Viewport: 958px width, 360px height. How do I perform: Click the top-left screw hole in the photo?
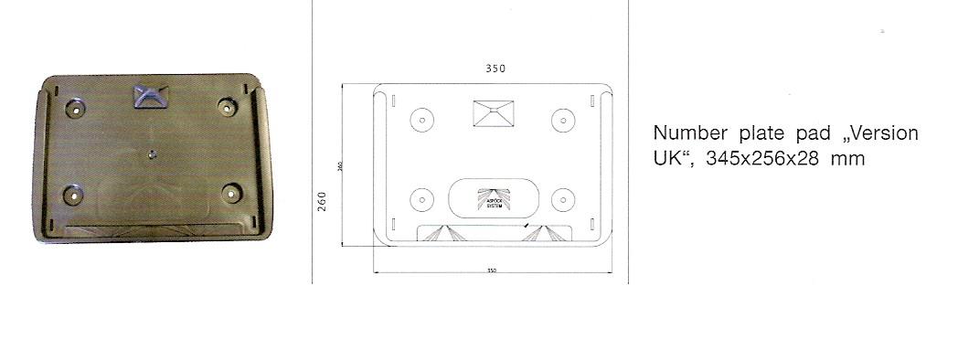pos(75,107)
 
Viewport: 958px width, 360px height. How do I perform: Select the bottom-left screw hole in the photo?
pos(73,194)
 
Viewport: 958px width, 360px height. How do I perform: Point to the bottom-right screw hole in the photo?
pos(231,194)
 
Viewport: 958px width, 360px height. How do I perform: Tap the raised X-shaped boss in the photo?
pos(150,96)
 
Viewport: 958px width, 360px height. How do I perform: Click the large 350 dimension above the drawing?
pos(495,68)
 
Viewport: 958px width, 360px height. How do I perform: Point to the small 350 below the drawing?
pos(492,270)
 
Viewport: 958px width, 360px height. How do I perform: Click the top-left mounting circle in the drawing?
pos(421,120)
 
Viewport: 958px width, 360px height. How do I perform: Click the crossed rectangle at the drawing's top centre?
pos(494,113)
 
